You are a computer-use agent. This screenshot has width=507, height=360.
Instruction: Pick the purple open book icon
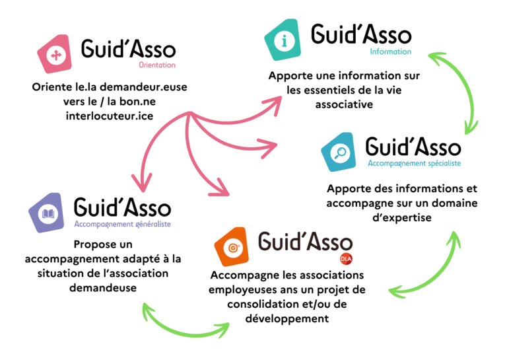tap(49, 213)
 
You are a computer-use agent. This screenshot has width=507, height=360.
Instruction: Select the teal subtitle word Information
tap(390, 52)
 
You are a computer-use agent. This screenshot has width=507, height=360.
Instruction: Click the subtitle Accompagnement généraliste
tap(122, 224)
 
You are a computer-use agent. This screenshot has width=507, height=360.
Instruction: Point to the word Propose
tap(96, 244)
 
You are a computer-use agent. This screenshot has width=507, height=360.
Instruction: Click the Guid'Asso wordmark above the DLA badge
tap(305, 241)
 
